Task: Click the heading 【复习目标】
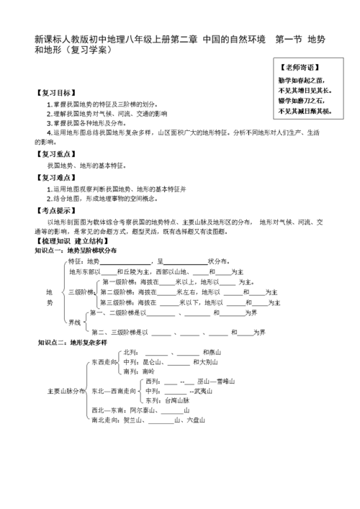click(54, 94)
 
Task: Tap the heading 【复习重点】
click(54, 153)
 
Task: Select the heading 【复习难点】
click(54, 177)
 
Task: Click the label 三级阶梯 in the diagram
click(80, 292)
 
